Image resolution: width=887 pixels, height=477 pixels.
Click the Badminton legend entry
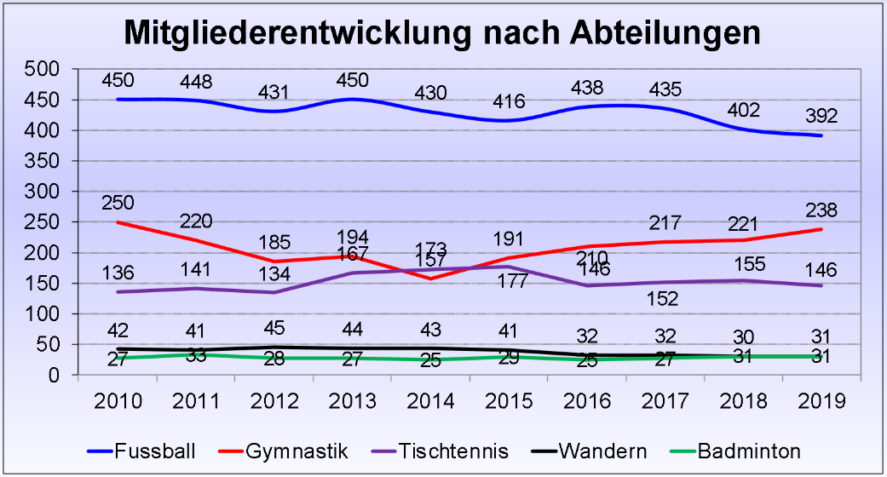(x=749, y=451)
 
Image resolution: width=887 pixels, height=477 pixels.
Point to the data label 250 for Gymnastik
(x=118, y=204)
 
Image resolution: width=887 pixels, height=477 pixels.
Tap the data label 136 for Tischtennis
(x=118, y=274)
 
